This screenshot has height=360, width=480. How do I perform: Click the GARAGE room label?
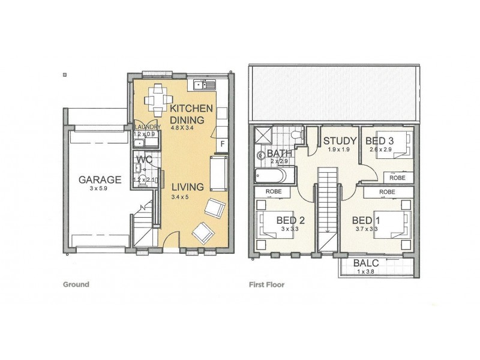pyautogui.click(x=100, y=179)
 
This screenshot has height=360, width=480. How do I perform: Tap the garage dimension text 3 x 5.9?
pyautogui.click(x=100, y=188)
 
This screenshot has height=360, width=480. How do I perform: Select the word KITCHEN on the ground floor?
pyautogui.click(x=191, y=109)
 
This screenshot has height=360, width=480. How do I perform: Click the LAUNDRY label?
pyautogui.click(x=147, y=127)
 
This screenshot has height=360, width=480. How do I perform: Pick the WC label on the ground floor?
pyautogui.click(x=144, y=160)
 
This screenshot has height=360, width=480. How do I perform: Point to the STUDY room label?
pyautogui.click(x=340, y=142)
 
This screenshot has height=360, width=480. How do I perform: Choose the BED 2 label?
pyautogui.click(x=291, y=220)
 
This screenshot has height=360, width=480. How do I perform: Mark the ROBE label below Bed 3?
pyautogui.click(x=397, y=178)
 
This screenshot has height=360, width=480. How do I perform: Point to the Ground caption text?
pyautogui.click(x=76, y=284)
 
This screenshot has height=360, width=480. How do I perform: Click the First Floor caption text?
pyautogui.click(x=266, y=284)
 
